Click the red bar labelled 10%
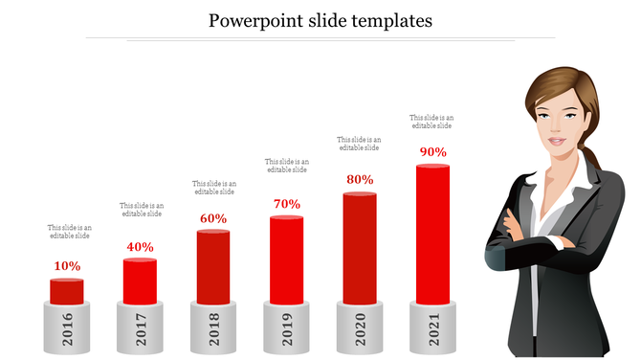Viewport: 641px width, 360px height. click(67, 291)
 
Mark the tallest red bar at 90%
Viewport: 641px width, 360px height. click(432, 234)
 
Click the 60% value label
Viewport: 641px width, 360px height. click(213, 218)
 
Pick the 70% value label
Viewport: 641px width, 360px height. click(286, 204)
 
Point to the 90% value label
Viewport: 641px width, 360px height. click(432, 152)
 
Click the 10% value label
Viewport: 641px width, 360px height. click(67, 266)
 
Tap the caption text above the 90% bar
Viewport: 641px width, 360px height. click(431, 122)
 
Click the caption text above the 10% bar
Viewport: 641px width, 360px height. click(69, 232)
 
